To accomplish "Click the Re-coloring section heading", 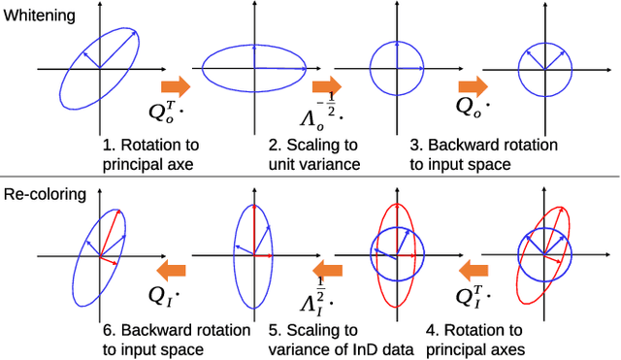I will tap(45, 194).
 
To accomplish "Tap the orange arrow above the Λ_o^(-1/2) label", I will tap(328, 85).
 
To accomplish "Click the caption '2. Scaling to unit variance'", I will tap(315, 154).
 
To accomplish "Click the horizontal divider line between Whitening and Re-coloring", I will tap(310, 177).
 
